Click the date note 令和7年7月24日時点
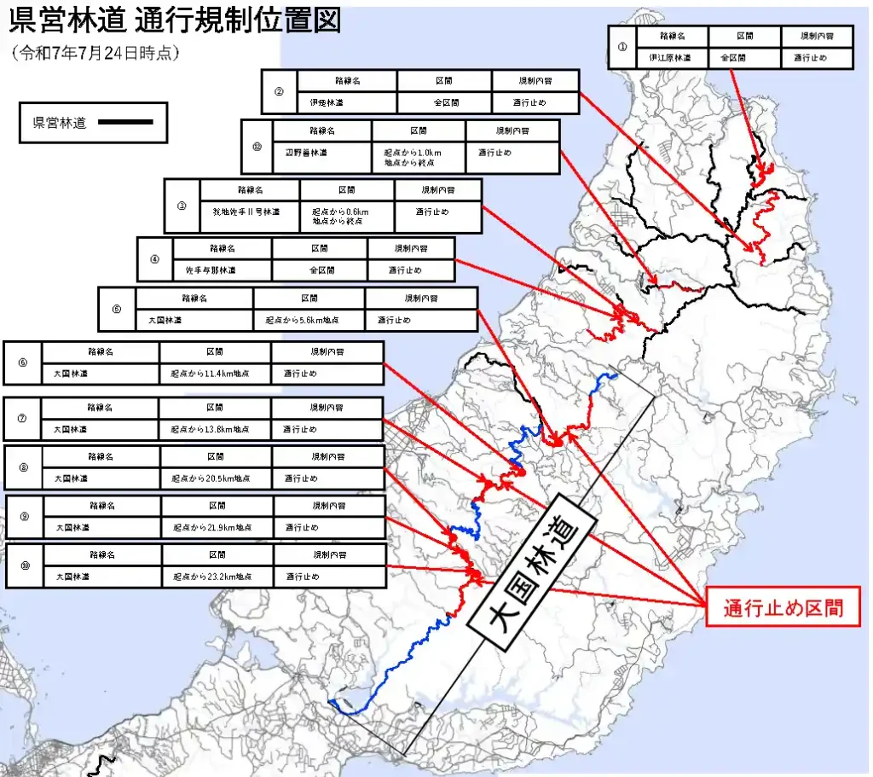(96, 52)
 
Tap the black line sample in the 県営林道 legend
(126, 122)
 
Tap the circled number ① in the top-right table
(622, 47)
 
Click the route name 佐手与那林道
(211, 270)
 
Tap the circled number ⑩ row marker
(25, 565)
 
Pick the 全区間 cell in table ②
(444, 102)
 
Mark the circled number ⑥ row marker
(22, 362)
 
